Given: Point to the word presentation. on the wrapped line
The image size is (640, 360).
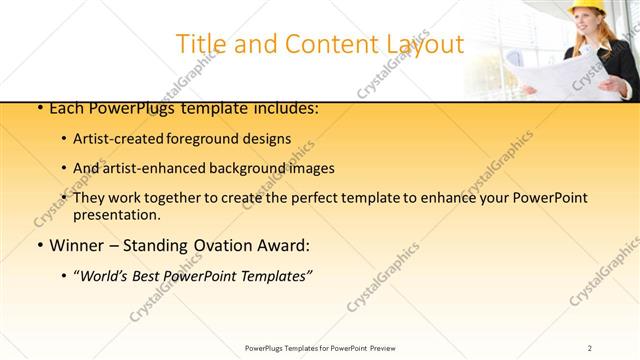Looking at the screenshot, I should click(x=116, y=214).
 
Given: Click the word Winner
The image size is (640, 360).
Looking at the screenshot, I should click(x=76, y=245).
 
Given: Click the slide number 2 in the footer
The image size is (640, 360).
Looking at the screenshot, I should click(x=591, y=348).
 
